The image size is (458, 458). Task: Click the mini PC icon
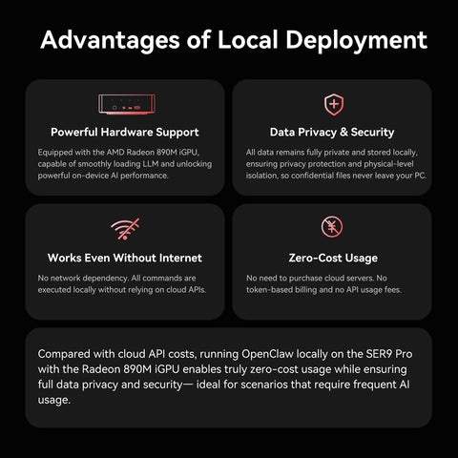click(127, 104)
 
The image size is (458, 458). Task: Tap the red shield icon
click(334, 104)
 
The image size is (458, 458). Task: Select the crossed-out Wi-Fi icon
click(125, 229)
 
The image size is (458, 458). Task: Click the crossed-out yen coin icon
click(332, 227)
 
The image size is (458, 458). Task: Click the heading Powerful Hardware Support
click(125, 132)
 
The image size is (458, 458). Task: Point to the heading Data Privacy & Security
click(332, 132)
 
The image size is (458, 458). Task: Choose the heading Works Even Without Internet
click(125, 258)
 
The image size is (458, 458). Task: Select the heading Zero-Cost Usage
click(333, 258)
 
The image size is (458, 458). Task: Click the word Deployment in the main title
click(356, 40)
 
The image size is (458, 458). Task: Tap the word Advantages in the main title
click(110, 40)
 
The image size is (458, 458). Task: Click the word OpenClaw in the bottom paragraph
click(267, 354)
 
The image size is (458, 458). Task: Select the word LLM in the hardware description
click(151, 164)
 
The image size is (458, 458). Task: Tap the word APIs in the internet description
click(197, 290)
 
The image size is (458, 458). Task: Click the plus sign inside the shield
click(334, 104)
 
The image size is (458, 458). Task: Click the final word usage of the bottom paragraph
click(53, 400)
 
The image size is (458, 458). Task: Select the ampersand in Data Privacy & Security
click(343, 132)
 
